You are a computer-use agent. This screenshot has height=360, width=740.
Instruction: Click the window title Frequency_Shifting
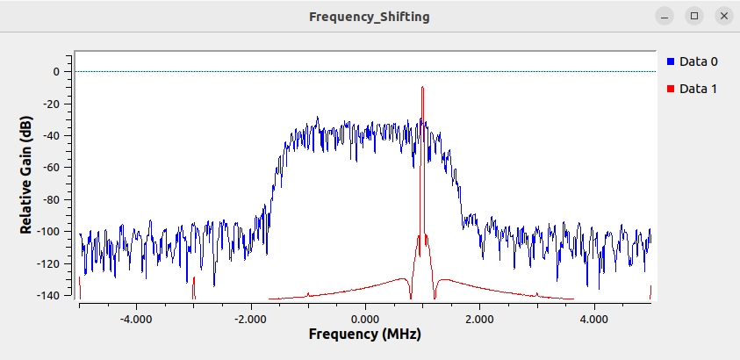[370, 17]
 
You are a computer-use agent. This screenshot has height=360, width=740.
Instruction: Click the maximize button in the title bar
[694, 16]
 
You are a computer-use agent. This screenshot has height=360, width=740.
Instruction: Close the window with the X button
[723, 16]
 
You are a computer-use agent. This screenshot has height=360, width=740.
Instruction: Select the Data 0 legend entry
[699, 61]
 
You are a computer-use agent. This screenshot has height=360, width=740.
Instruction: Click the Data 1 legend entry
[699, 89]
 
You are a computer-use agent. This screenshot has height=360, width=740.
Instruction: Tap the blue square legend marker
[672, 61]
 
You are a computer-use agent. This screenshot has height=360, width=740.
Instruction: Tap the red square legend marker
[672, 89]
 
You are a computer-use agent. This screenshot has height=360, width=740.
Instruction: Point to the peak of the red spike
[422, 87]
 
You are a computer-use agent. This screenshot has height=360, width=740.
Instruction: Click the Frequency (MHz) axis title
[364, 335]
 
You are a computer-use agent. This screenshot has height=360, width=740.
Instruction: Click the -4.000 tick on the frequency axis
[135, 318]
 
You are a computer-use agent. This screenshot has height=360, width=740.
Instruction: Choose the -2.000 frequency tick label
[250, 318]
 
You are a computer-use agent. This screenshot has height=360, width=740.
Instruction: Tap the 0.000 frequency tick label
[365, 318]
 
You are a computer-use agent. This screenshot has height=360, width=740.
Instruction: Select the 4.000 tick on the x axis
[594, 318]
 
